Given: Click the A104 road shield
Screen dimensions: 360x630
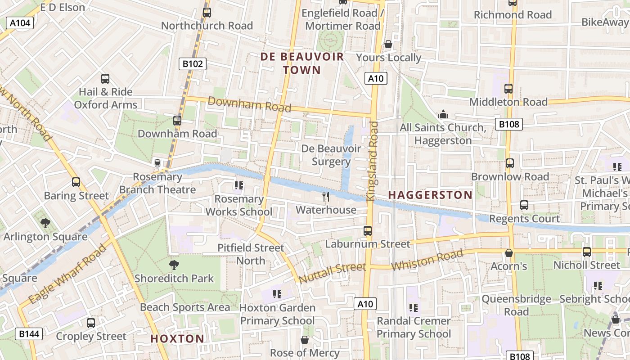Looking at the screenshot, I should (x=20, y=23).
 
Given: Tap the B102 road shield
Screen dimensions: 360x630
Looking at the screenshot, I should (x=193, y=64).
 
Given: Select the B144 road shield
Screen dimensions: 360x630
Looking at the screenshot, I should (x=29, y=334).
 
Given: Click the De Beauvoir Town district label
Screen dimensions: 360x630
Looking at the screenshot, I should (x=302, y=63).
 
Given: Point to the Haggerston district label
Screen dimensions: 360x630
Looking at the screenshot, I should (x=430, y=195).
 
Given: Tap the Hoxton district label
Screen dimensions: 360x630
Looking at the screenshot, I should (x=177, y=338).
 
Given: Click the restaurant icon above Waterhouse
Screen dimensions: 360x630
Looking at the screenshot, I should (x=326, y=197).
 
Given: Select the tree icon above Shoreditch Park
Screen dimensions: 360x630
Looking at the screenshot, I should (x=174, y=265).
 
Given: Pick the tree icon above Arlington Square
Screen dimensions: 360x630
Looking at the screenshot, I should (x=45, y=223).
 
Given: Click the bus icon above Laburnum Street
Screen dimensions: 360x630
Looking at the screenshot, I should (x=368, y=231).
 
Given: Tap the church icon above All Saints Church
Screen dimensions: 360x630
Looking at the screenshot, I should (x=443, y=114).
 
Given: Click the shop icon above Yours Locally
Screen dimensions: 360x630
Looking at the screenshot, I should (x=388, y=45).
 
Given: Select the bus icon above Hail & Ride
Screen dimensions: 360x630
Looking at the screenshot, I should (x=105, y=79).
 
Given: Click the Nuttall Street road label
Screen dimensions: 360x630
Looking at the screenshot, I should (x=332, y=273).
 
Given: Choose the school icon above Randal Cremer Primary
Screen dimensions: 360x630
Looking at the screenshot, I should (x=414, y=308).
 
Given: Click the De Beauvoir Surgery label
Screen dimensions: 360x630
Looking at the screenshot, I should (x=331, y=155).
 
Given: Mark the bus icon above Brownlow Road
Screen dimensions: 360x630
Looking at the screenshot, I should (x=510, y=163).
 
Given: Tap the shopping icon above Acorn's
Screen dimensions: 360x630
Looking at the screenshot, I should (x=509, y=253).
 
